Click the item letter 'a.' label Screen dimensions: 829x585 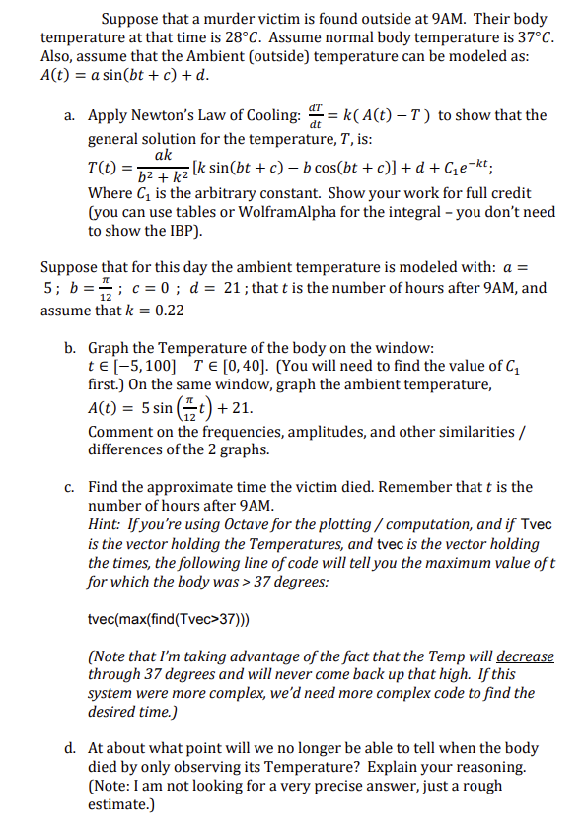70,116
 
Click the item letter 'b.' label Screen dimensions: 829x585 70,348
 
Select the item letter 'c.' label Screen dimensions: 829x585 70,486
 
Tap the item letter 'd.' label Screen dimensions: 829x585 70,748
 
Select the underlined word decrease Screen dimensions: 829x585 525,656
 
